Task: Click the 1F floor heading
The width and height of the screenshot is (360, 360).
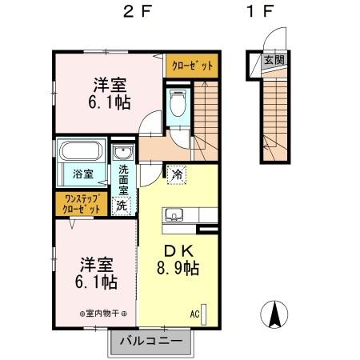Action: [x=260, y=14]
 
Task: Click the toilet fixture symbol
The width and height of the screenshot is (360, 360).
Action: [x=177, y=103]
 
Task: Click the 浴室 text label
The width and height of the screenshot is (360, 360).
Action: [x=84, y=173]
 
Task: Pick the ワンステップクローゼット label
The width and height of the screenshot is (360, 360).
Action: [x=82, y=203]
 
